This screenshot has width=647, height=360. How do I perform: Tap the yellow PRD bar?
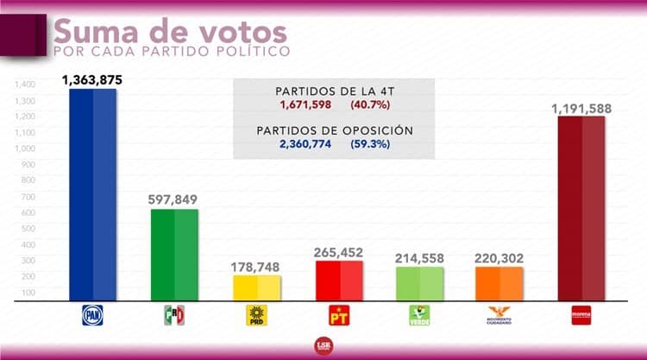click(x=256, y=288)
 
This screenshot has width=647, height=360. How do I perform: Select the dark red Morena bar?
click(x=581, y=209)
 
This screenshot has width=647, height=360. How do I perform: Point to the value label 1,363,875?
click(x=93, y=79)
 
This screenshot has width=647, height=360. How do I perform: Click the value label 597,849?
click(x=174, y=199)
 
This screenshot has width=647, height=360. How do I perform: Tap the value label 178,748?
click(x=256, y=266)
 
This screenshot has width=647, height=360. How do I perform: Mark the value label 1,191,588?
click(x=582, y=106)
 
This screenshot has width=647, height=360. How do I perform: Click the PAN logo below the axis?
click(x=92, y=316)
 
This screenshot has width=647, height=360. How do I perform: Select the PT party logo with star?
click(x=338, y=316)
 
